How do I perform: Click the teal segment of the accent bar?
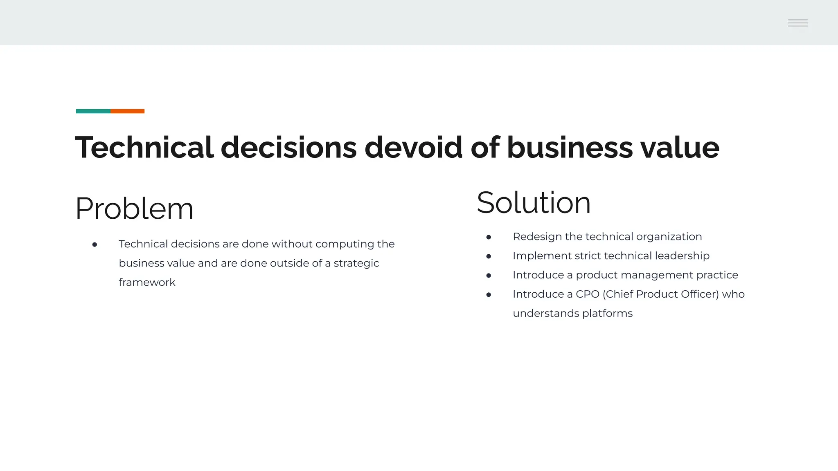tap(93, 111)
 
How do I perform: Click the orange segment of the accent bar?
tap(127, 111)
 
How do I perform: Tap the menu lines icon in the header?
tap(798, 23)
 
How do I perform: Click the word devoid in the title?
tap(413, 147)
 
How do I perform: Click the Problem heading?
tap(134, 209)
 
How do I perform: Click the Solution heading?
tap(534, 203)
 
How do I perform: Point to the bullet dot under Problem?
tap(95, 244)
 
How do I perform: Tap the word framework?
tap(147, 283)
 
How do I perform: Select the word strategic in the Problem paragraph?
tap(356, 263)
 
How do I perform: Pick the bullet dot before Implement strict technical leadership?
tap(489, 256)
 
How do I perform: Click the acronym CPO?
tap(587, 294)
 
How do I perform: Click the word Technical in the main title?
tap(144, 147)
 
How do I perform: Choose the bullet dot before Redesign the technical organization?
tap(489, 237)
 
